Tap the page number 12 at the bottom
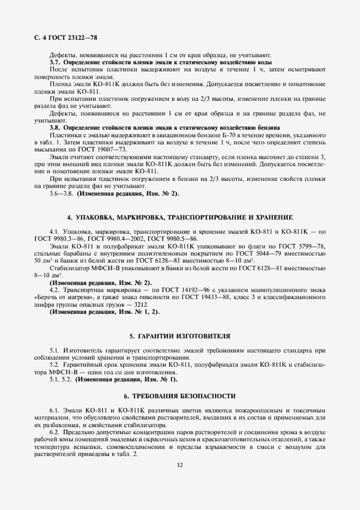point(180,465)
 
